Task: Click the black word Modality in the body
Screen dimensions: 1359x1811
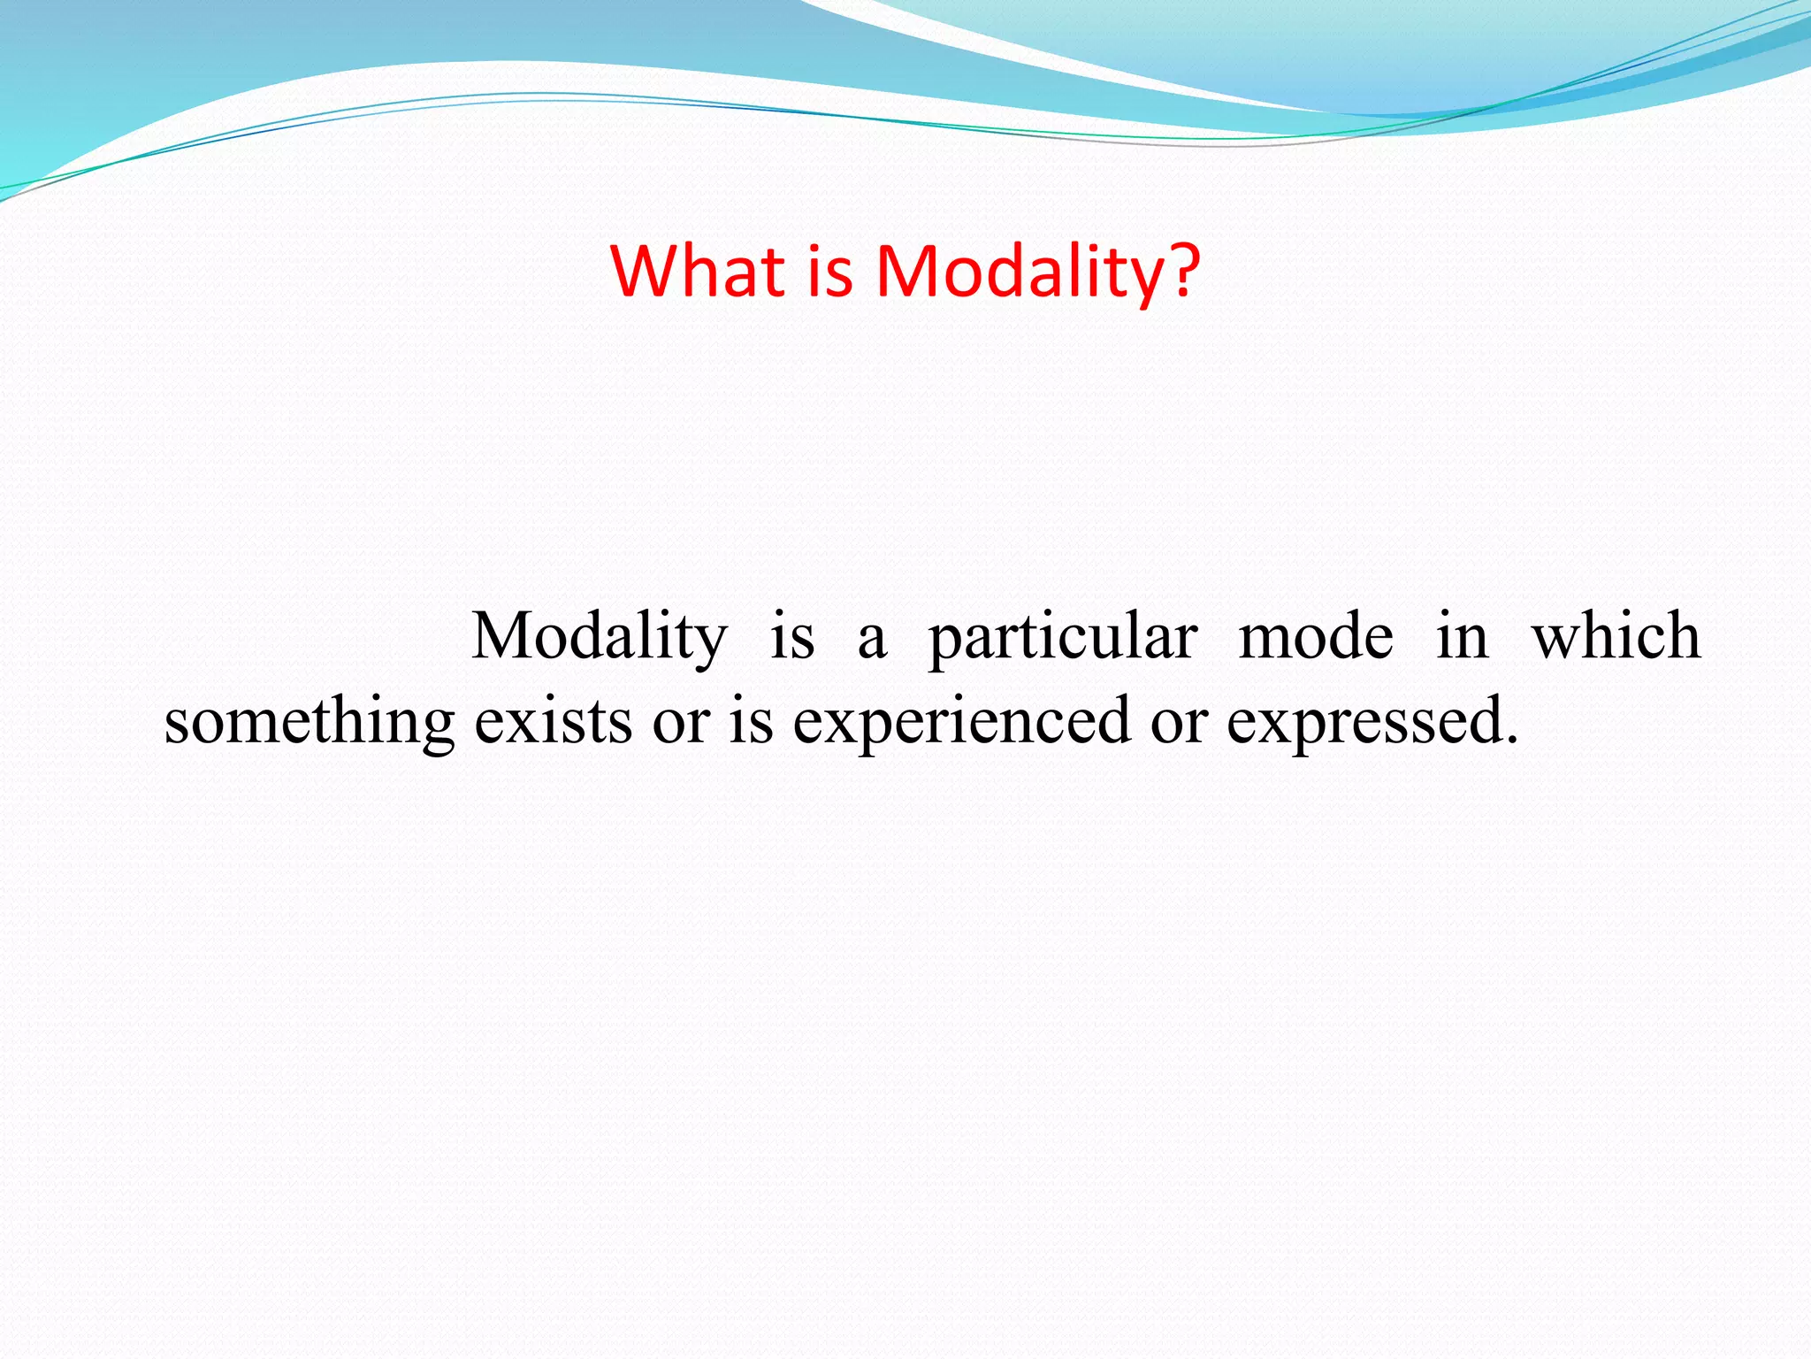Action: coord(600,637)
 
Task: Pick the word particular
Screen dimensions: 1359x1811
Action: coord(1063,637)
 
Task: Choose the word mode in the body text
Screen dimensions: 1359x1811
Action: coord(1316,637)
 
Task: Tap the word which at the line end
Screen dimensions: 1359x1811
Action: coord(1616,637)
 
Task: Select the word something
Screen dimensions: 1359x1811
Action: coord(309,722)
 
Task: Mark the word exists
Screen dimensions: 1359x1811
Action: coord(554,722)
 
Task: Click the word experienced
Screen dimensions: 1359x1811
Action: coord(961,722)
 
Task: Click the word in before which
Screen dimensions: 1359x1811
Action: coord(1462,637)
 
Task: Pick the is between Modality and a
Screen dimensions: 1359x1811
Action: coord(791,637)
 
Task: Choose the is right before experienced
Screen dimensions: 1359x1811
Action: coord(751,722)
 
